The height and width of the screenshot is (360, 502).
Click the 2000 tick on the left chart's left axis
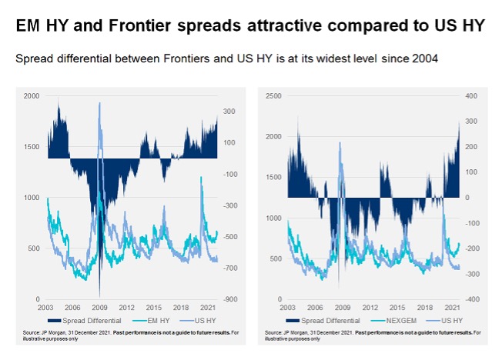coord(32,96)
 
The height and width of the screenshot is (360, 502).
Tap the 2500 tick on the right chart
coord(273,96)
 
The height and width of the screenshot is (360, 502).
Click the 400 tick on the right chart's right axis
coord(471,96)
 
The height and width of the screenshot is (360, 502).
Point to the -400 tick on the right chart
coord(470,299)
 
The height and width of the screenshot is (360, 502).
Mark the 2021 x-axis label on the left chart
coord(207,308)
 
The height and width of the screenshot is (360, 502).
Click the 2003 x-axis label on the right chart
coord(287,308)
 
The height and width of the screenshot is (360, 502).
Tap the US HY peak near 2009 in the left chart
coord(99,103)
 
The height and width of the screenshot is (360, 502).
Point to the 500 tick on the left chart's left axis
coord(35,248)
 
